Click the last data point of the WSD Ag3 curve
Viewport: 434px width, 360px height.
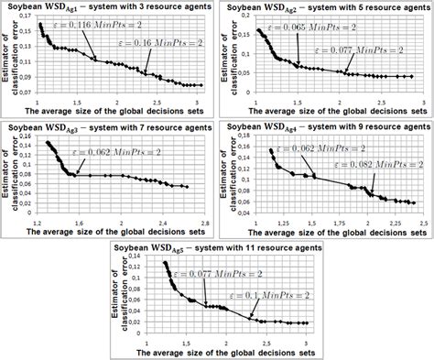pyautogui.click(x=187, y=187)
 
